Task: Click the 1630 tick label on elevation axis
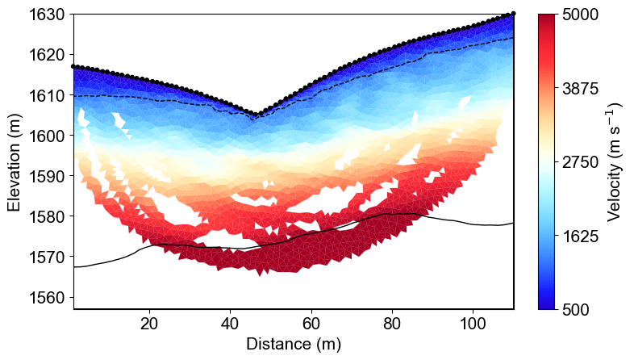(47, 15)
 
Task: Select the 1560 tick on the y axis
(47, 297)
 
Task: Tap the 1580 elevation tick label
(47, 216)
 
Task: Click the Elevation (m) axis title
(15, 161)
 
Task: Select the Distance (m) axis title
(294, 345)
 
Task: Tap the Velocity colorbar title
(615, 161)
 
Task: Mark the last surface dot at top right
(513, 14)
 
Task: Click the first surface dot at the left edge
(73, 66)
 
